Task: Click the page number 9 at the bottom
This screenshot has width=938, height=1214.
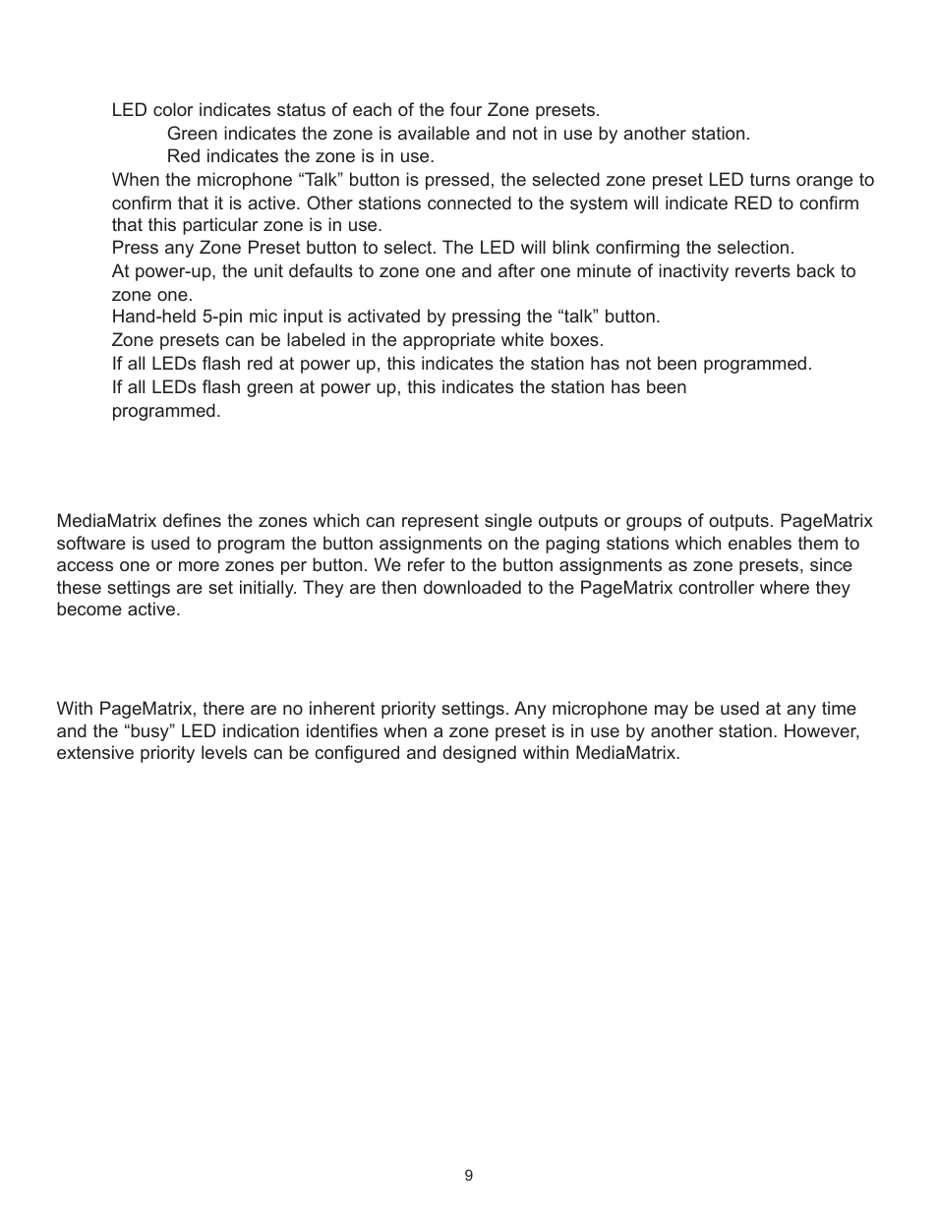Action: (x=468, y=1176)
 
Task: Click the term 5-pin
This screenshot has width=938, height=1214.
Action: (x=222, y=317)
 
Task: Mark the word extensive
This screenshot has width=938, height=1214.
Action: (x=93, y=755)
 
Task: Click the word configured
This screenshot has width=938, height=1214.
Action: (x=344, y=755)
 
